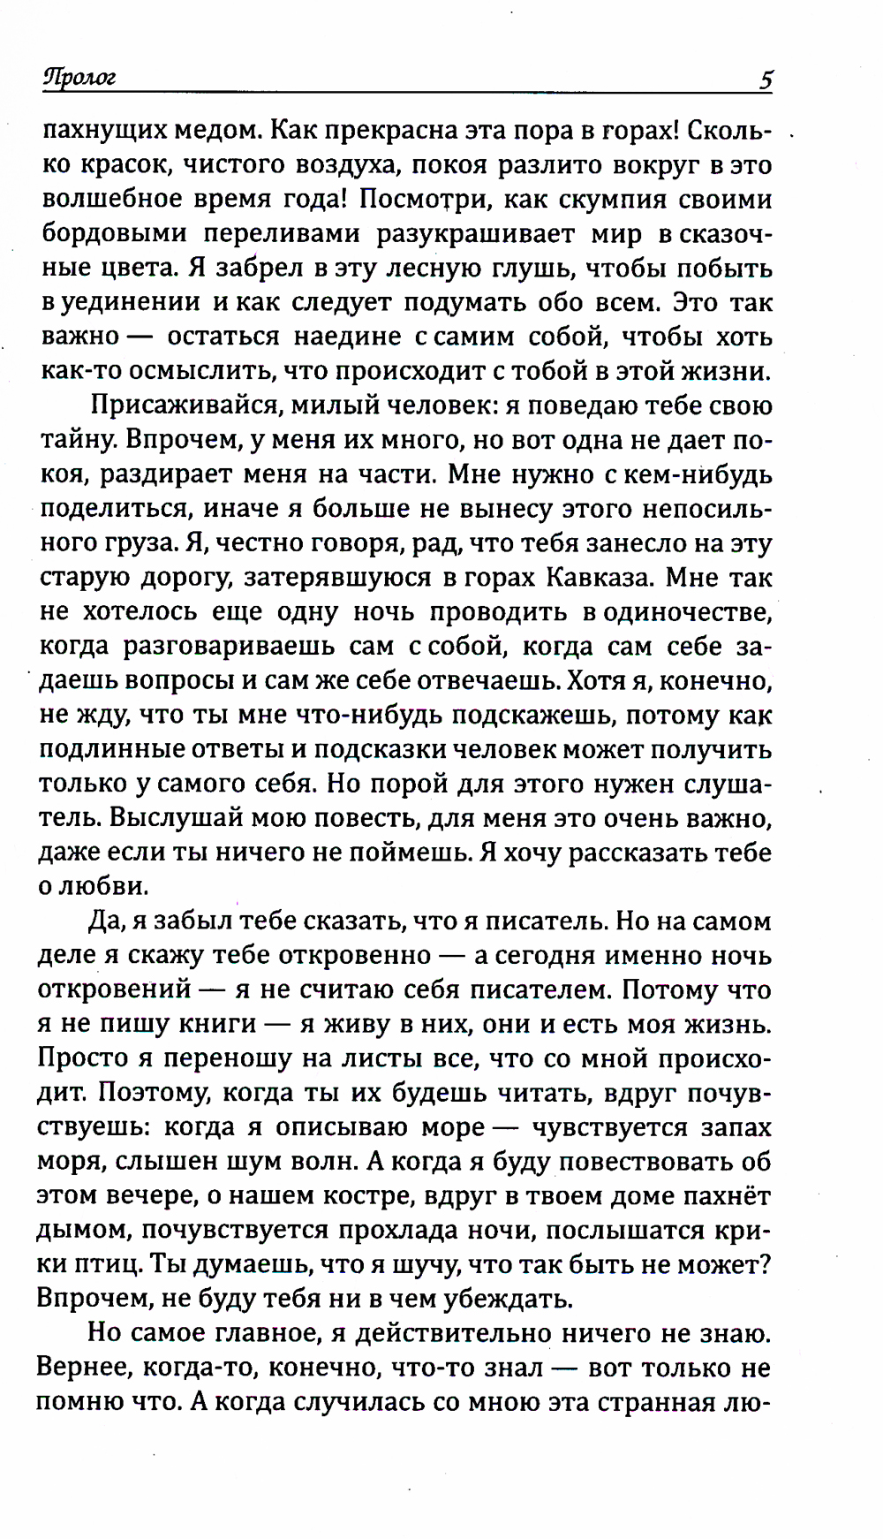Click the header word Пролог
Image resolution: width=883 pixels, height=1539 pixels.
(79, 79)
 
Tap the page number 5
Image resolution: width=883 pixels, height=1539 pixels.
(765, 80)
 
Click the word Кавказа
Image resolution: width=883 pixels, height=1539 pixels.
(598, 578)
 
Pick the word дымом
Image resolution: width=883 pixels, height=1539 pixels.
(81, 1231)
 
